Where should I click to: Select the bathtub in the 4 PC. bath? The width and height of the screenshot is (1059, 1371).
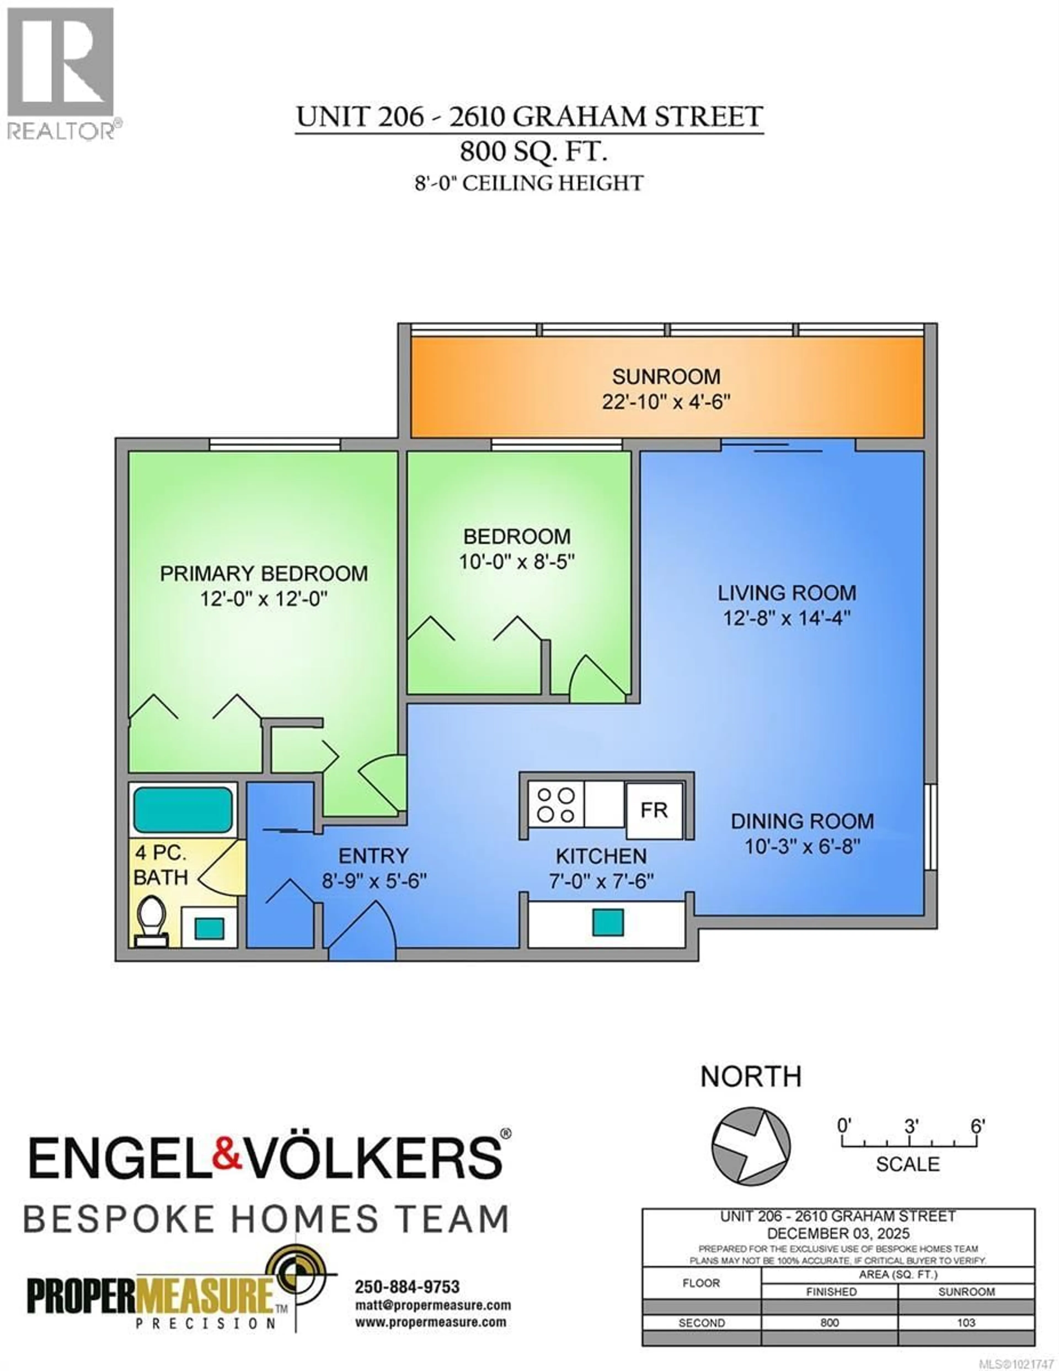(183, 810)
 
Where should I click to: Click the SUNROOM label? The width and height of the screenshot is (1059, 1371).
(666, 377)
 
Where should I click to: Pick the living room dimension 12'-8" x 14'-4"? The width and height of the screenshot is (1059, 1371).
(787, 618)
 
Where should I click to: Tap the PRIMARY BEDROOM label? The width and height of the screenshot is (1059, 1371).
(264, 574)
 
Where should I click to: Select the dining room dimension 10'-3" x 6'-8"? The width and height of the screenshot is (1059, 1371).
(802, 846)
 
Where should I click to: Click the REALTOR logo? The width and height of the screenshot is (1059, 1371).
(61, 72)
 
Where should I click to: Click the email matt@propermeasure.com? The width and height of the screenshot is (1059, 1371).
(432, 1306)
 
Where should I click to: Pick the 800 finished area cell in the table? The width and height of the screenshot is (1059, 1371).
(829, 1323)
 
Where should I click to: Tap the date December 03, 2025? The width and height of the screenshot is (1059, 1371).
(838, 1234)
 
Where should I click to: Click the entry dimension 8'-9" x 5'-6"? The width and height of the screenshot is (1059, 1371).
(374, 881)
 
